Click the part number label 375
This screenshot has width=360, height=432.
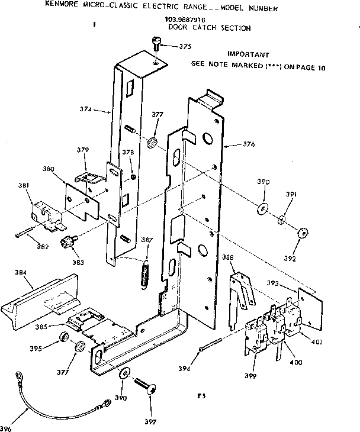click(x=185, y=47)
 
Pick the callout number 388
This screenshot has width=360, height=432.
click(x=227, y=258)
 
